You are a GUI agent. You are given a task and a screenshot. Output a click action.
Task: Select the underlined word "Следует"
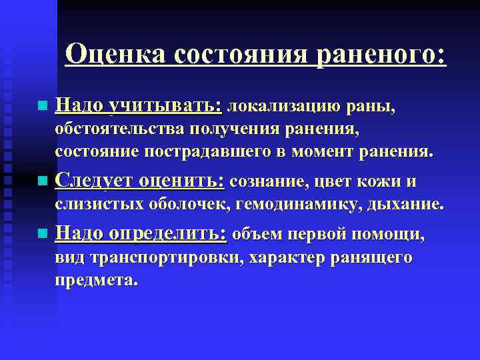[x=93, y=181]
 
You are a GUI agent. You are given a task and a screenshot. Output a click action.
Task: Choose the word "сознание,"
[x=267, y=181]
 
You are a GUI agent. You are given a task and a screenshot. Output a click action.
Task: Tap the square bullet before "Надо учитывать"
[x=43, y=106]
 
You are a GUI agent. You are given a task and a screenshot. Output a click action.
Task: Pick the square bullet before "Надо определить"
[x=43, y=234]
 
